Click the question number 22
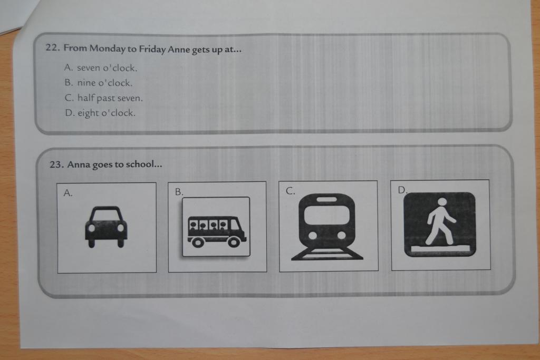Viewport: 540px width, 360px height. [53, 47]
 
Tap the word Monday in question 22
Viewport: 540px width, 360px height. [107, 48]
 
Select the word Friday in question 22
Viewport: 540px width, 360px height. [152, 49]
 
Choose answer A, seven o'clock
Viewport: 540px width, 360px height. [101, 68]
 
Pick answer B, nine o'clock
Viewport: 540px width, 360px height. [99, 83]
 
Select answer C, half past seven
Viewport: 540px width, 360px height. [103, 98]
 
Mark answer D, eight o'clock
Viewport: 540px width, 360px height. [100, 113]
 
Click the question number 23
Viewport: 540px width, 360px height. [57, 164]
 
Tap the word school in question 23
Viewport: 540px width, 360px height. [139, 164]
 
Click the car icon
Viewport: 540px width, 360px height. [106, 227]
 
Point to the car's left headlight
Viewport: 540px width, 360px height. [92, 228]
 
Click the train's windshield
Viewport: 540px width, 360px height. [326, 216]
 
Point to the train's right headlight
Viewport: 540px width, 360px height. [341, 236]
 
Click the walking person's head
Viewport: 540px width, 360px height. [442, 202]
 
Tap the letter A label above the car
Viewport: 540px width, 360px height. [68, 193]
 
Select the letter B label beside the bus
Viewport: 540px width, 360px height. [179, 192]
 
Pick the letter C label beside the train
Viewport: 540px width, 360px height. [291, 191]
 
